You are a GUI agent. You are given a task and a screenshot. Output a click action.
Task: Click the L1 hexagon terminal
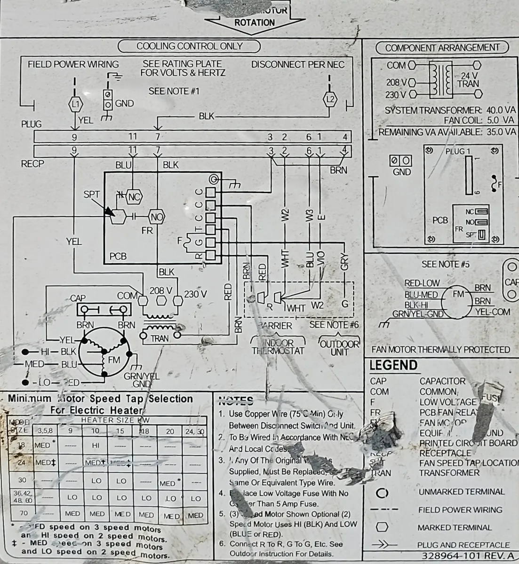[75, 103]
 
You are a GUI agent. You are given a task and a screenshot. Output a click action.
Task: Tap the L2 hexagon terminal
[330, 98]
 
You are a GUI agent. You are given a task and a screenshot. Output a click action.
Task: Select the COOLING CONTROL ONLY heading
[189, 46]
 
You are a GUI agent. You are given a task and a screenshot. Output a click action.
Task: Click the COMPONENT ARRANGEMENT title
[442, 47]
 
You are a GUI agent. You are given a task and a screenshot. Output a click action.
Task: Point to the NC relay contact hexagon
[134, 197]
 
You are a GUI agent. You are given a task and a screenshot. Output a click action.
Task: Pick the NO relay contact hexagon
[156, 217]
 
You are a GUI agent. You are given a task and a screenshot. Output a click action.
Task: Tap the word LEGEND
[393, 366]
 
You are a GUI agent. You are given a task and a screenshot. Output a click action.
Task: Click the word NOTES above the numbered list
[236, 401]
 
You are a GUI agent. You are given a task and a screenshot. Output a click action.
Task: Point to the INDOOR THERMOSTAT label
[278, 347]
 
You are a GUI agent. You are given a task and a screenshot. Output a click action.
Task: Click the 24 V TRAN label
[469, 79]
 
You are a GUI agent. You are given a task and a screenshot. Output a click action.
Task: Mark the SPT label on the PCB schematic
[91, 194]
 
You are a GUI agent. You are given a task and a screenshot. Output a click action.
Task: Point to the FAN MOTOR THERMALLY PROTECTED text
[440, 350]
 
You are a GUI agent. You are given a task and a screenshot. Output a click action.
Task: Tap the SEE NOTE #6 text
[334, 325]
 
